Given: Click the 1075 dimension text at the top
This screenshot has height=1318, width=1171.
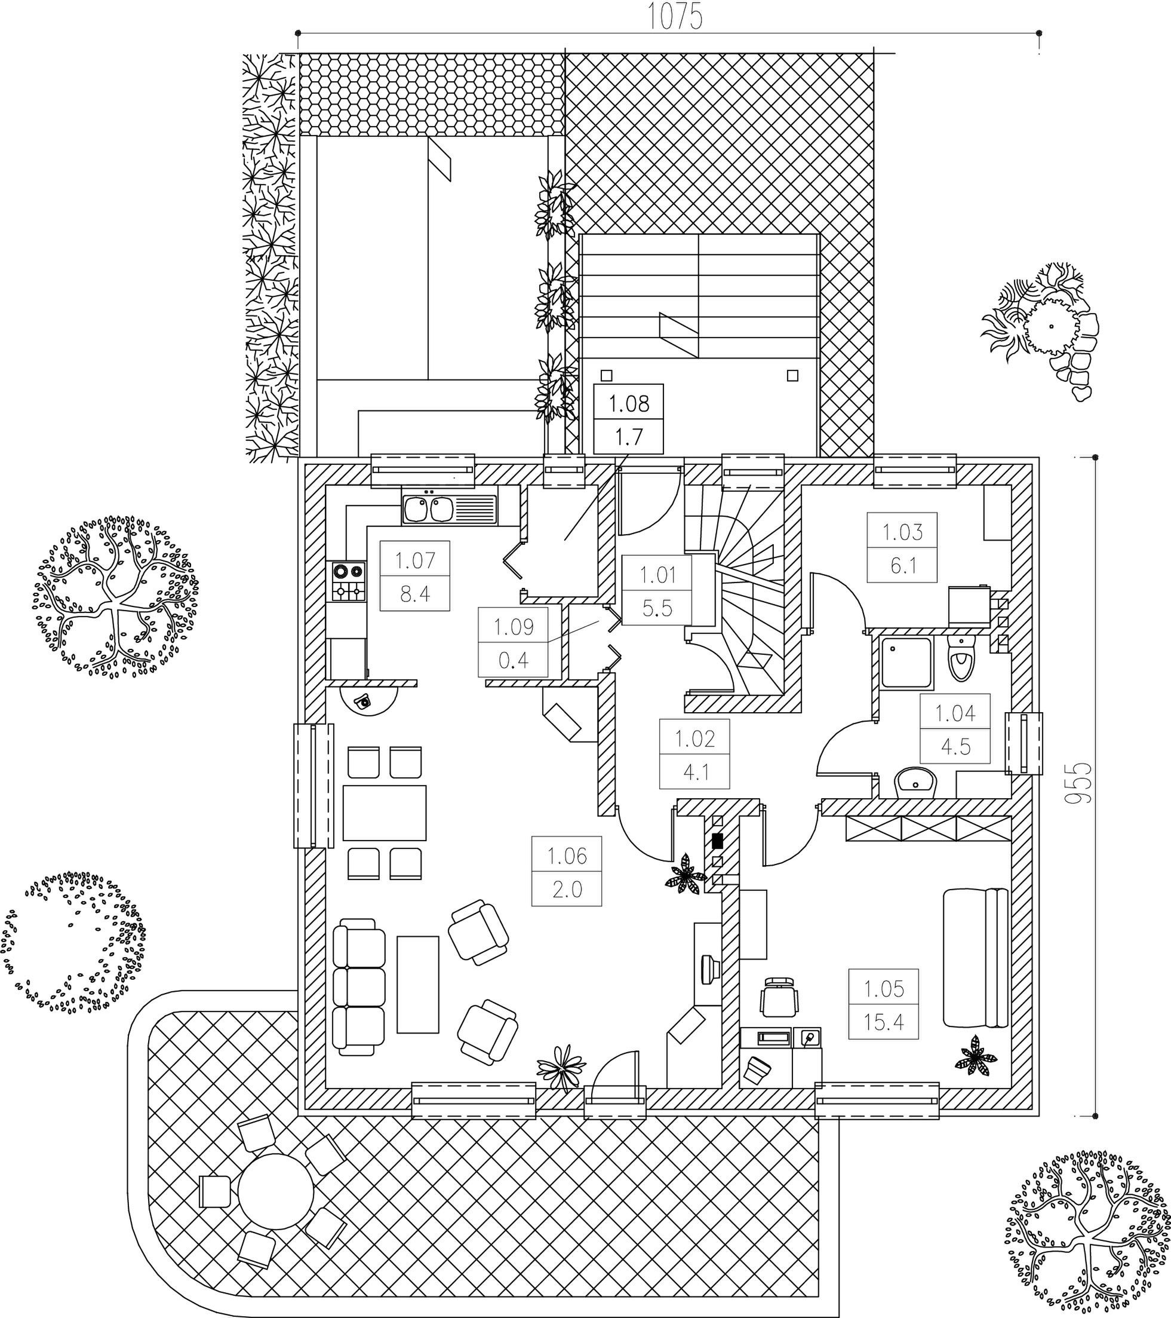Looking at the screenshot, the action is pyautogui.click(x=674, y=17).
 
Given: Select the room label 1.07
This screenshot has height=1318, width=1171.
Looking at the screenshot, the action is pyautogui.click(x=415, y=560).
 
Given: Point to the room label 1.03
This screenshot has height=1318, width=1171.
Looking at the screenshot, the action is pyautogui.click(x=902, y=532).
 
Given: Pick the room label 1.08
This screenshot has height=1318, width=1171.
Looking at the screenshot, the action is pyautogui.click(x=629, y=404).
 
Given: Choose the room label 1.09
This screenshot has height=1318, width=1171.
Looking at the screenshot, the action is pyautogui.click(x=514, y=627).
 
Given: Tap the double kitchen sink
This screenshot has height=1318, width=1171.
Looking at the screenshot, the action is pyautogui.click(x=450, y=509).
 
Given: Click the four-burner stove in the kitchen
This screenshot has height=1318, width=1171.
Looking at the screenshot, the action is pyautogui.click(x=349, y=581).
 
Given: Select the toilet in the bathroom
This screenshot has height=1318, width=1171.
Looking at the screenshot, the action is pyautogui.click(x=961, y=658).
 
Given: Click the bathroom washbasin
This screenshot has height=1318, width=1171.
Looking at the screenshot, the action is pyautogui.click(x=915, y=782).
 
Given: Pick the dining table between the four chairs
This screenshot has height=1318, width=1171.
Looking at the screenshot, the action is pyautogui.click(x=385, y=813).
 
